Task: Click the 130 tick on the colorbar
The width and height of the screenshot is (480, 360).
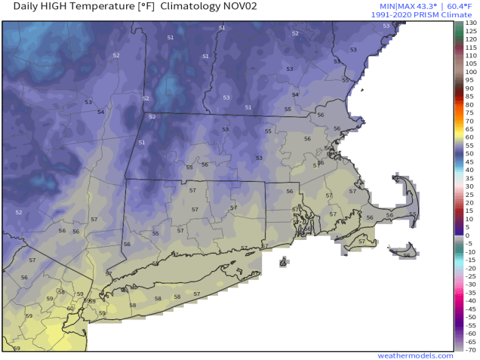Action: tap(469, 23)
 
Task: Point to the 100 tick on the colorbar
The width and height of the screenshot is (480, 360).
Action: tap(469, 72)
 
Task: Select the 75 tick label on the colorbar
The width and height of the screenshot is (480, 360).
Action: tap(469, 112)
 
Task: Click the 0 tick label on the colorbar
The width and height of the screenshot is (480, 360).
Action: tap(469, 235)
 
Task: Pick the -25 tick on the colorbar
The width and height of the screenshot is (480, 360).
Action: tap(469, 276)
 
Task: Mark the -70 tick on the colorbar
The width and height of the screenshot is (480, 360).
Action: tap(469, 349)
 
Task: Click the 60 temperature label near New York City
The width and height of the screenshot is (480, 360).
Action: tap(70, 308)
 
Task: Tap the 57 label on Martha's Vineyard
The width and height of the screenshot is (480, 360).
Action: tap(362, 242)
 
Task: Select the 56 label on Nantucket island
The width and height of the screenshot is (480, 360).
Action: tap(407, 255)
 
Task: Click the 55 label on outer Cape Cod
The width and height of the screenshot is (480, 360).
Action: tap(412, 214)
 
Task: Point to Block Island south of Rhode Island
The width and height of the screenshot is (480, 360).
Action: tap(283, 263)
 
